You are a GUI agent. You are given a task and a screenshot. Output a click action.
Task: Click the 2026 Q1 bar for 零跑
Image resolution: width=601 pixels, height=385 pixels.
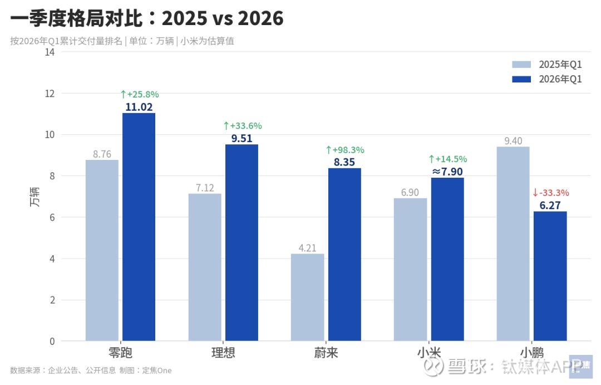139,227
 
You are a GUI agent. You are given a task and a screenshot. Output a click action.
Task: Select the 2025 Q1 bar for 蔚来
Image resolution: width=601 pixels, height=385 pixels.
307,297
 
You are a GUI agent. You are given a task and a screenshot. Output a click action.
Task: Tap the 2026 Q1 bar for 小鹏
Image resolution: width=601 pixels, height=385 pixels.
550,276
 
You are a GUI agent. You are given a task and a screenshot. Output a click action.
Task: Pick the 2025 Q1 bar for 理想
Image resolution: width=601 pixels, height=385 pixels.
205,267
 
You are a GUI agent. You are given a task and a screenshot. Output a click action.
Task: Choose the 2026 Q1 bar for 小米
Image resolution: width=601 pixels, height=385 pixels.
447,259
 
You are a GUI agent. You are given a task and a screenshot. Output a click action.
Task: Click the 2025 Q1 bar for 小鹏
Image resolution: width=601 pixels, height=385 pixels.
513,243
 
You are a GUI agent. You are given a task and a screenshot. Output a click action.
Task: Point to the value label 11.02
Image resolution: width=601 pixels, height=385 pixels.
139,107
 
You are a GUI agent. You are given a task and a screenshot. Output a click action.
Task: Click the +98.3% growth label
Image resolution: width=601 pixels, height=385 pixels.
344,150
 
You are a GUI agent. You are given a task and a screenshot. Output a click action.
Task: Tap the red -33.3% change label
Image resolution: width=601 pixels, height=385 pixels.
550,193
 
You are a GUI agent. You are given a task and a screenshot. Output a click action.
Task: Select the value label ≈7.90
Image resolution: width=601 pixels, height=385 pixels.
447,172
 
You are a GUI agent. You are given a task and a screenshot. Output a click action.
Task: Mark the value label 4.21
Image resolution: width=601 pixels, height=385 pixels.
307,248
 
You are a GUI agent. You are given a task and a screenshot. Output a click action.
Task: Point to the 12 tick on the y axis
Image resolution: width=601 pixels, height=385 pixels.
50,94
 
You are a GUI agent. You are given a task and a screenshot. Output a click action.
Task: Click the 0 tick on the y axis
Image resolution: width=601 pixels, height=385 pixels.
52,341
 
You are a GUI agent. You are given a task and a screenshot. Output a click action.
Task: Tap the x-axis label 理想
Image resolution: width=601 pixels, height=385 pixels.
223,353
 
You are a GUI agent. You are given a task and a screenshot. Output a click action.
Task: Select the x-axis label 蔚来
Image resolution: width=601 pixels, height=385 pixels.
326,353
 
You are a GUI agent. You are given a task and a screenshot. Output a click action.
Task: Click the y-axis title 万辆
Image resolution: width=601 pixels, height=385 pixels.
35,197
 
